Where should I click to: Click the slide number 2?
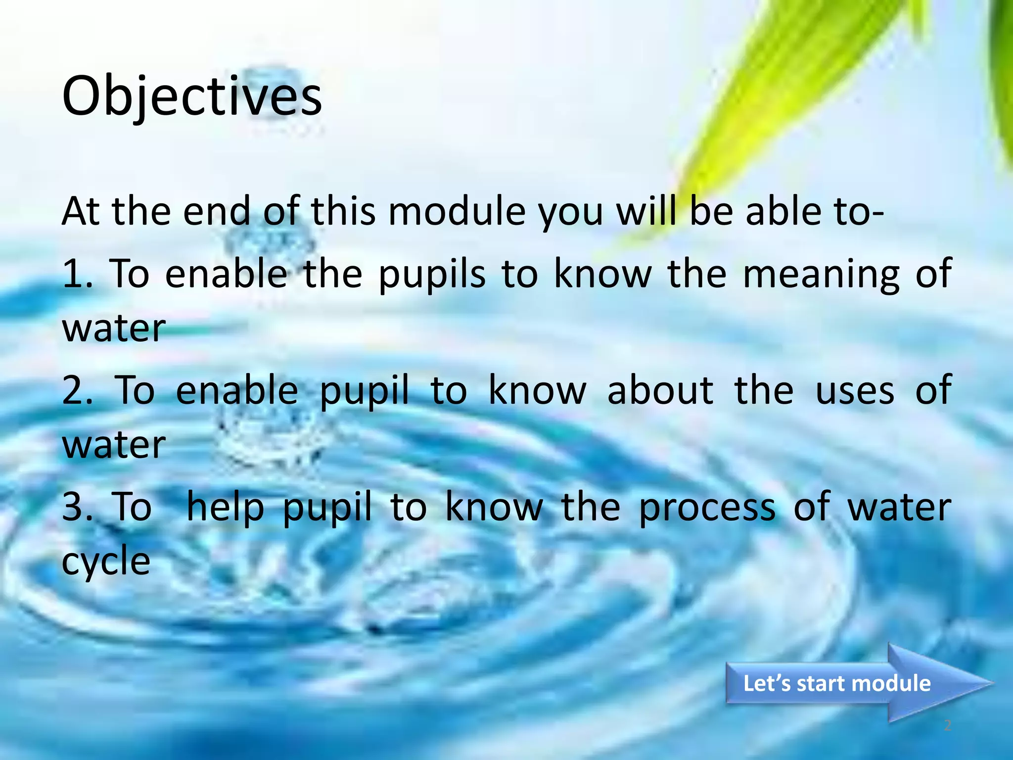point(947,726)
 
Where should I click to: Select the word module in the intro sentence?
point(457,211)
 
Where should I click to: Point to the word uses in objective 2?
point(855,390)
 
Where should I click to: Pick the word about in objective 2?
point(660,390)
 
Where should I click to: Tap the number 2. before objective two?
point(78,390)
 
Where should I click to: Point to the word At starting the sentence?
point(80,211)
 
